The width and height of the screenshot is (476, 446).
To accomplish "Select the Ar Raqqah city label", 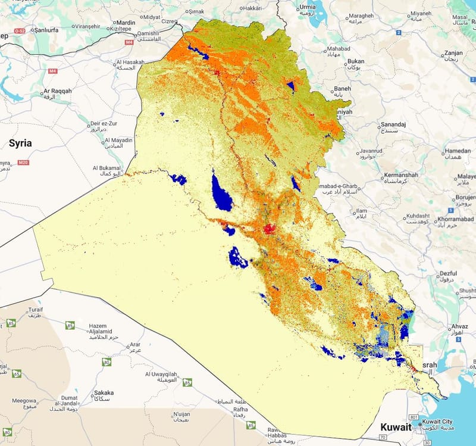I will [57, 91].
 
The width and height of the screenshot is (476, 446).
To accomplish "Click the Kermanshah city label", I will [401, 175].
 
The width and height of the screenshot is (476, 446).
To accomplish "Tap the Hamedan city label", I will [458, 151].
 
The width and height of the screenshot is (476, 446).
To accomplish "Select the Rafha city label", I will [240, 409].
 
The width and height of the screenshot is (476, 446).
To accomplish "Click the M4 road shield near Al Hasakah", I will [129, 42].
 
